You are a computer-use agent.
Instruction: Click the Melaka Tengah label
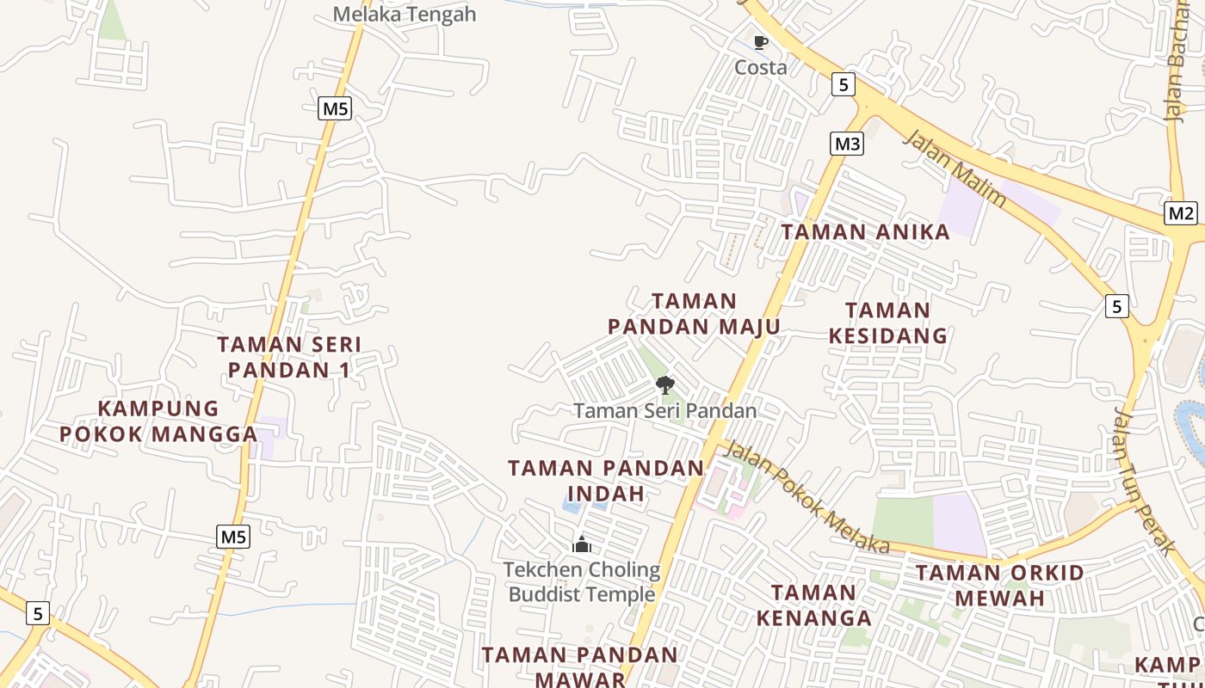pos(404,14)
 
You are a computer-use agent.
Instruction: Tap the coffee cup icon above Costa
pos(760,42)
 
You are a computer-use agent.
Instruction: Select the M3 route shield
pos(847,144)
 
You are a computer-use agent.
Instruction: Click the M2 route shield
pos(1181,213)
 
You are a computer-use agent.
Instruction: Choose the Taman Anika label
pos(865,231)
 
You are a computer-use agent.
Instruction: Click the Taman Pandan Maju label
pos(694,314)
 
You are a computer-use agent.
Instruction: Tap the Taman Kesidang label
pos(887,322)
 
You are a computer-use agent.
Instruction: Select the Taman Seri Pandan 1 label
pos(289,357)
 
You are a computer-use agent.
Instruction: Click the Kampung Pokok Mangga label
pos(159,421)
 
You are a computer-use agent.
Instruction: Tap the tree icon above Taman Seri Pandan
pos(664,385)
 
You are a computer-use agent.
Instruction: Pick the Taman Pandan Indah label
pos(606,481)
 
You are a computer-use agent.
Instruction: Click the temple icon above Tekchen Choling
pos(582,544)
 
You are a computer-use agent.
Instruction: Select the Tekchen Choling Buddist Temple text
pos(582,582)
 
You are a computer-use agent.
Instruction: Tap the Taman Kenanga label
pos(813,605)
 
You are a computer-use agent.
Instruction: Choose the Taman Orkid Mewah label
pos(999,585)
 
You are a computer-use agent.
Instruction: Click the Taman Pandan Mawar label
pos(580,666)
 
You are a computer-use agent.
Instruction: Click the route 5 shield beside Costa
pos(843,83)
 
